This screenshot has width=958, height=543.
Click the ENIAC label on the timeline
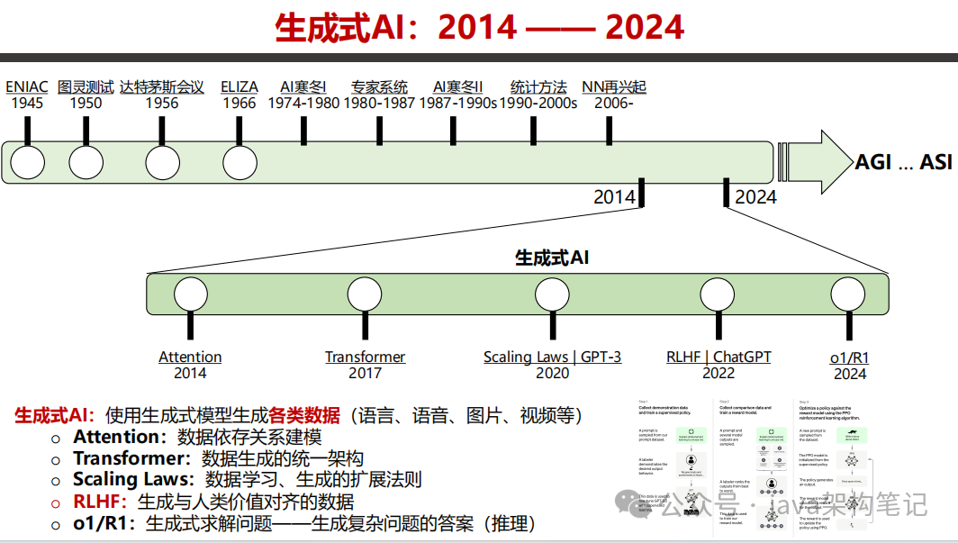(x=27, y=87)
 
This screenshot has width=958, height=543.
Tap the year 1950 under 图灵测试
(x=86, y=103)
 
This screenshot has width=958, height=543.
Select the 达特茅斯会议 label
(x=162, y=87)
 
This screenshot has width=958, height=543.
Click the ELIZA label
(x=239, y=87)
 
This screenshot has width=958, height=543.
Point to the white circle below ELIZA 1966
(x=239, y=163)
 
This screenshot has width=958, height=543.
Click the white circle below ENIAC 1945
(x=27, y=163)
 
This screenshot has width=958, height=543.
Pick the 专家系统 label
(x=379, y=87)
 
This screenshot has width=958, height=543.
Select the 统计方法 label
(x=538, y=87)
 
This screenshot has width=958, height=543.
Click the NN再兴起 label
(x=614, y=87)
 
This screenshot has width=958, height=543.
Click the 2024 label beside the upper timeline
(x=755, y=196)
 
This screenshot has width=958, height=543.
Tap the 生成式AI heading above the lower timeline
(x=552, y=258)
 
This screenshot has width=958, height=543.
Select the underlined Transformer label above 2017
(x=365, y=357)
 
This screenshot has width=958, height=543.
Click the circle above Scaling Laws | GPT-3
(x=552, y=294)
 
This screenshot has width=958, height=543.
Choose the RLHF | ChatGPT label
(x=718, y=357)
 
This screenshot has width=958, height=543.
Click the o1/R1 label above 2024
(x=849, y=357)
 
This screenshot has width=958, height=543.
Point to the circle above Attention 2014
(x=190, y=294)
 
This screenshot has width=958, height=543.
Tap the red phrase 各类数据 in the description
(x=304, y=415)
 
